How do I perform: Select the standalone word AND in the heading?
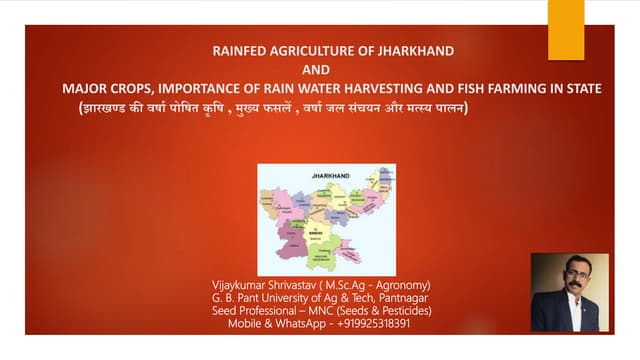[x=316, y=69]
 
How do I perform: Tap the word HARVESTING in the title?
[x=393, y=88]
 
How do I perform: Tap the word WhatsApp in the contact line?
[x=289, y=325]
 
